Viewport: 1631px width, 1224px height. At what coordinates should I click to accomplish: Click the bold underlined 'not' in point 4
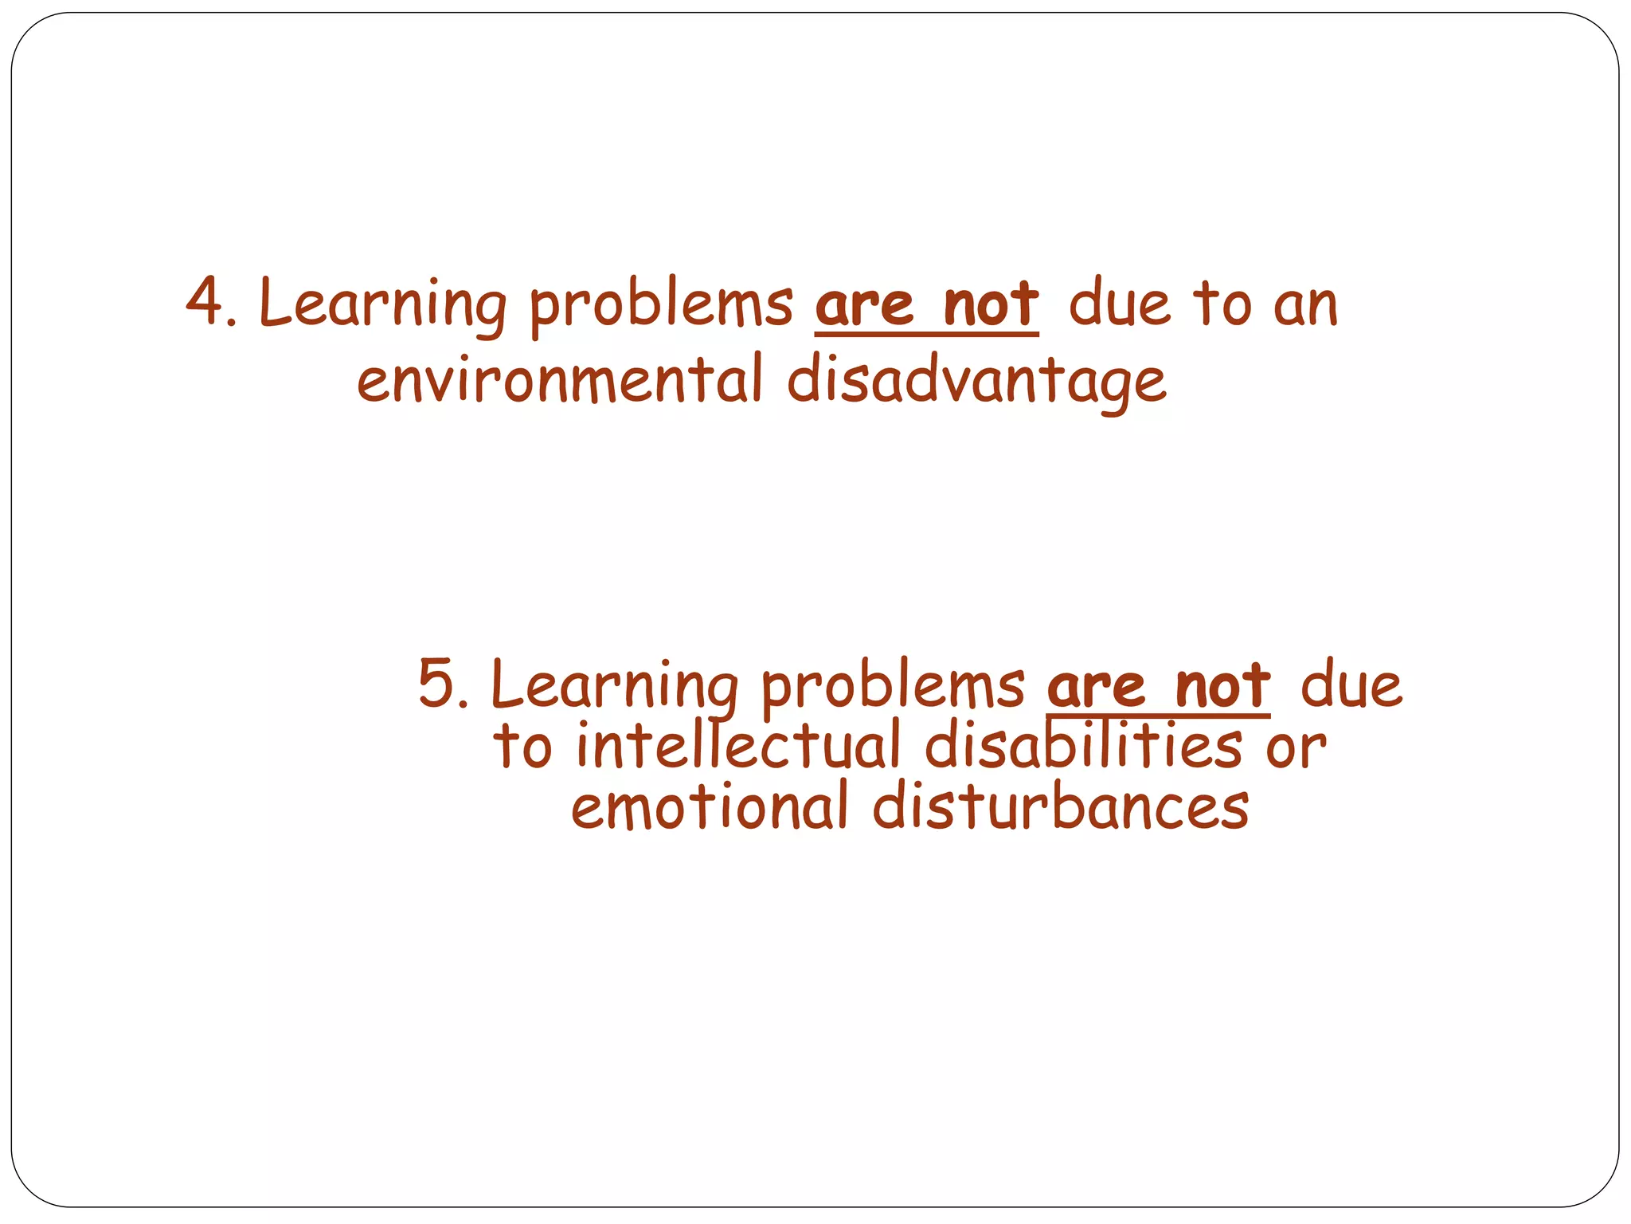[991, 304]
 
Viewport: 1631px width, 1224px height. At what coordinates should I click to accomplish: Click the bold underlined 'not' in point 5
[1222, 685]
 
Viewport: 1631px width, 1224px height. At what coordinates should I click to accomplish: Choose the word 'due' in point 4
[1119, 304]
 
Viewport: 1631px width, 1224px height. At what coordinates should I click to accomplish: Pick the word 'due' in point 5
[1351, 685]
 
